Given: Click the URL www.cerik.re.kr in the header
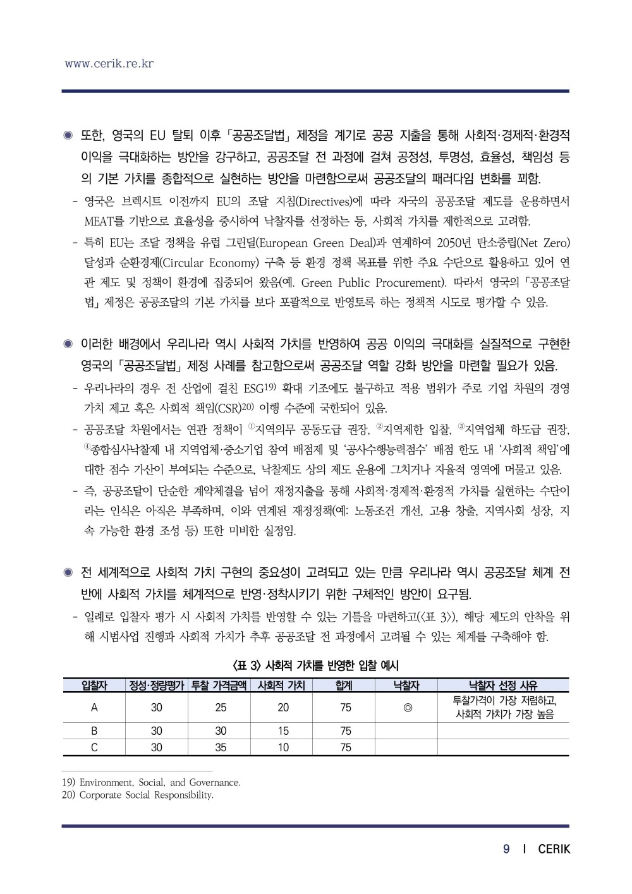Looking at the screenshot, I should [x=109, y=64].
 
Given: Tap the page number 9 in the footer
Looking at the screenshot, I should [x=506, y=849].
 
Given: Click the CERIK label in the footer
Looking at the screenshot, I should [x=554, y=849].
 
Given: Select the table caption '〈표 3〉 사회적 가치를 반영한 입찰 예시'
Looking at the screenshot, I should [x=315, y=665].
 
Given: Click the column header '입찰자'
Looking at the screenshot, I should [x=94, y=686].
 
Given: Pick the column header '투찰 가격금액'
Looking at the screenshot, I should [x=220, y=686].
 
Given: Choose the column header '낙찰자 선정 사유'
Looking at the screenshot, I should [x=503, y=686].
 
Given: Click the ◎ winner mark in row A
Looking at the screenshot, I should [x=407, y=708].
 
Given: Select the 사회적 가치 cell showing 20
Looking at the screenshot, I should [x=283, y=708].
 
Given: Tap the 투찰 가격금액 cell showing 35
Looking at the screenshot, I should [x=220, y=747].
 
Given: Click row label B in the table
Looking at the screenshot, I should [x=94, y=731].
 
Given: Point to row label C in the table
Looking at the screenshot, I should [x=94, y=747].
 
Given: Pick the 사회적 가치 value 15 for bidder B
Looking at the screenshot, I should [x=283, y=731].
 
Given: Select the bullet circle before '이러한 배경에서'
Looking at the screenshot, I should [x=68, y=344].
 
